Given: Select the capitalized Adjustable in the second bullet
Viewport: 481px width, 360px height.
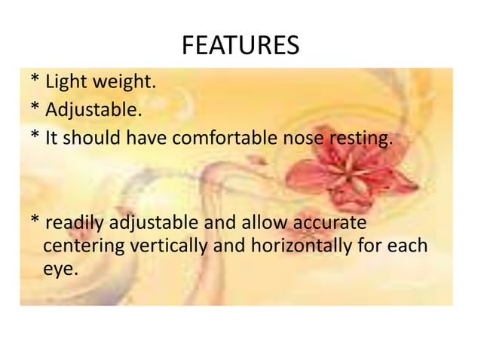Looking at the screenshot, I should tap(93, 112).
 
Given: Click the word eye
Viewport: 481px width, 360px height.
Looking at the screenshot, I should tap(60, 268).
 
